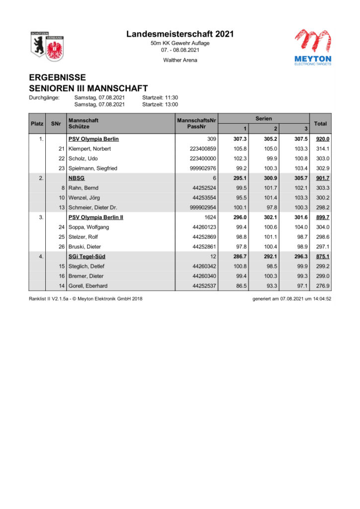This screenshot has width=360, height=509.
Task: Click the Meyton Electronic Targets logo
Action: (313, 47)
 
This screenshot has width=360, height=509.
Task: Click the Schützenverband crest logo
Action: (47, 46)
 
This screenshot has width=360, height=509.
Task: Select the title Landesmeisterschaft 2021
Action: (180, 34)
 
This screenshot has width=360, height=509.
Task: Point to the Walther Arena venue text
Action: (180, 60)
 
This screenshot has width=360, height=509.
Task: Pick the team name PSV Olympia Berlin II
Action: (95, 217)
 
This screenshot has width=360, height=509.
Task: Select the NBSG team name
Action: (76, 178)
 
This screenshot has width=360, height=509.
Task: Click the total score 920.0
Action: (323, 139)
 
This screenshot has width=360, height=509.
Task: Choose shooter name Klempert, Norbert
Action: (90, 149)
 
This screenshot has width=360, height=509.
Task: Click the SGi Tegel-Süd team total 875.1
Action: (323, 256)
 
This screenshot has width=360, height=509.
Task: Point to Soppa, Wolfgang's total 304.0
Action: (323, 227)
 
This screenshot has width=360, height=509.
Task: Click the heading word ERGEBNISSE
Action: (57, 78)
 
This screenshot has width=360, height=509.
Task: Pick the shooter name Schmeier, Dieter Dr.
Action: (92, 207)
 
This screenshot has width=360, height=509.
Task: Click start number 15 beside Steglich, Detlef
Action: (62, 266)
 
